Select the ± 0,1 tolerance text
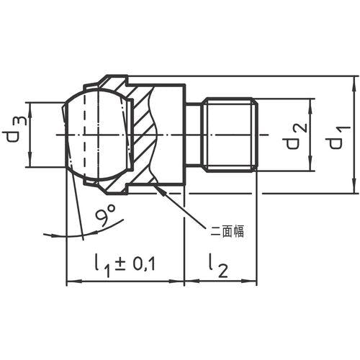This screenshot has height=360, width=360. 135,264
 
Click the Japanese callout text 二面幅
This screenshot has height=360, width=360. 227,232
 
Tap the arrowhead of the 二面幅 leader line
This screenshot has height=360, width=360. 160,190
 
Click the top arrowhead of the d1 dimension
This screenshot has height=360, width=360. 354,81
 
